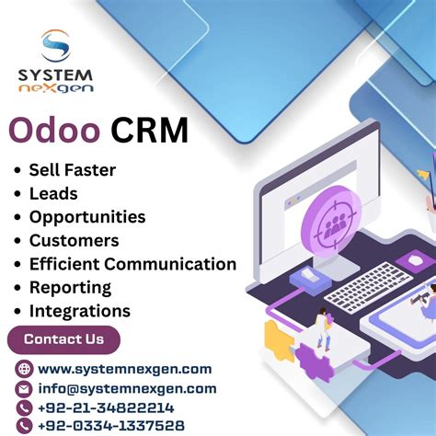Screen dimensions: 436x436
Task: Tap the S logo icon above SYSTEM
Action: click(55, 46)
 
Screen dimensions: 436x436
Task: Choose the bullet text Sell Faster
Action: click(73, 169)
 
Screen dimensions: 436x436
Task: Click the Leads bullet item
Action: click(53, 193)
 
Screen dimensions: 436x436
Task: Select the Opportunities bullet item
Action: click(87, 217)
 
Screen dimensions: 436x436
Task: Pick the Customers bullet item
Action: click(74, 241)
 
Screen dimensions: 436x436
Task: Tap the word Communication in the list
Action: click(173, 264)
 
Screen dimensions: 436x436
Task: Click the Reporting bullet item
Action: click(70, 288)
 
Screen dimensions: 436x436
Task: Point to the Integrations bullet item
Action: click(80, 312)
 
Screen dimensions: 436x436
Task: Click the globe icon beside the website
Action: click(25, 369)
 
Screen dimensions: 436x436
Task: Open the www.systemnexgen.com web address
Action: click(125, 369)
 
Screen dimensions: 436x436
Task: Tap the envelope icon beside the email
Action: click(25, 388)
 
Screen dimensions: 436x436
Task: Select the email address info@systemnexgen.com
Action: click(127, 388)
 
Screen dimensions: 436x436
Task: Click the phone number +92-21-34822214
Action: click(106, 407)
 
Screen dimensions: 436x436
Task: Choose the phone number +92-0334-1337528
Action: click(111, 426)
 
